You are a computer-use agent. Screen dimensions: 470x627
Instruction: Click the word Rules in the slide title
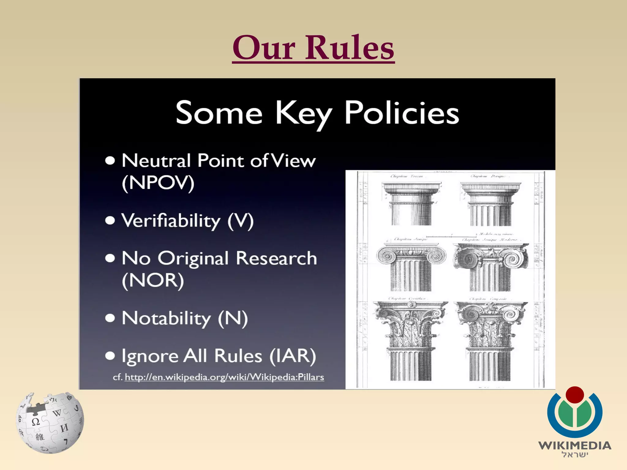350,48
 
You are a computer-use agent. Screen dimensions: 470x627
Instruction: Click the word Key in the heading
304,114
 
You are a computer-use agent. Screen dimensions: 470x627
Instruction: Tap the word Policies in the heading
402,113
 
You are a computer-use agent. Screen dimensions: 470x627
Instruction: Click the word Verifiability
171,221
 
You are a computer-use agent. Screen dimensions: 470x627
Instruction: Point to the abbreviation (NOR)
153,280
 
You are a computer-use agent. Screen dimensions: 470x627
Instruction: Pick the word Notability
166,318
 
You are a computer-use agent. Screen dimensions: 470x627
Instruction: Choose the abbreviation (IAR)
293,356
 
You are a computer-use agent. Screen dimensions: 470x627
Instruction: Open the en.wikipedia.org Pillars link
224,377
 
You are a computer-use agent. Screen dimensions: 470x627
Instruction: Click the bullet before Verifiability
110,221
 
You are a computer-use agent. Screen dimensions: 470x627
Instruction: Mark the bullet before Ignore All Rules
110,356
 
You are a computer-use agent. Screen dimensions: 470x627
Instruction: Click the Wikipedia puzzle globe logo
50,423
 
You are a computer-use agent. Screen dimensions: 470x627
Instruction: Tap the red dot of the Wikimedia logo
575,395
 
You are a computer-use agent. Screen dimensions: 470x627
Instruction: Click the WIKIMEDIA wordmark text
575,445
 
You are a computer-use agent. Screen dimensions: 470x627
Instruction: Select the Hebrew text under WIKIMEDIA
575,455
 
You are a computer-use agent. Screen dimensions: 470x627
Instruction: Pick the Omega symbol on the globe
36,422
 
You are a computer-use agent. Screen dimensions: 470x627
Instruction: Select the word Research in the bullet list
276,259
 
